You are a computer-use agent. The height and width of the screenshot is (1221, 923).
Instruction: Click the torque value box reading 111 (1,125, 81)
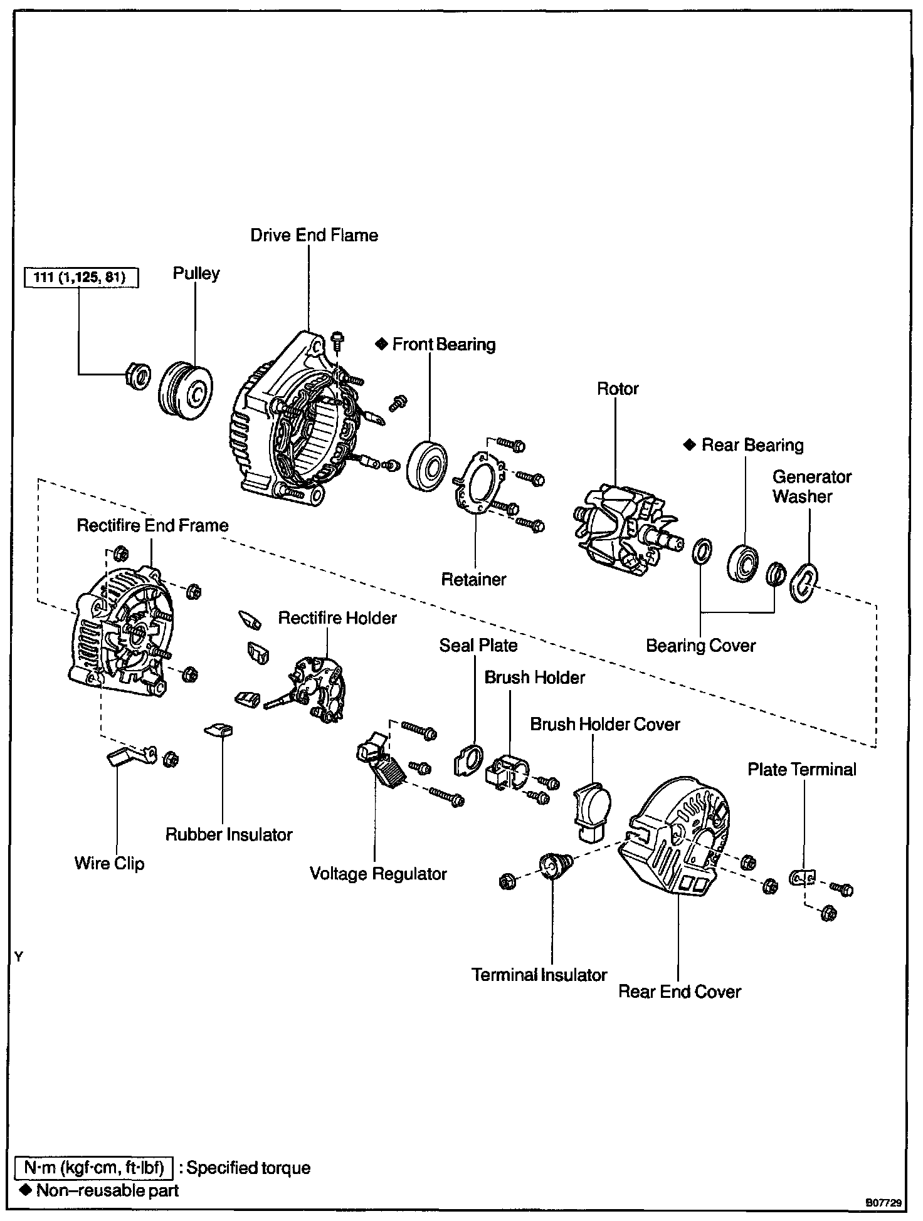(x=80, y=277)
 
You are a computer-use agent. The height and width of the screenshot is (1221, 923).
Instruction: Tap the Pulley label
(x=196, y=274)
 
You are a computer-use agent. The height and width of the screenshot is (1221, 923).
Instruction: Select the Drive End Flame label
(x=314, y=235)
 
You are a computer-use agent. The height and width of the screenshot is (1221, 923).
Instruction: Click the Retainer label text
(x=473, y=579)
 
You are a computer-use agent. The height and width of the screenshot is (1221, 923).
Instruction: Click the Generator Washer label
(x=811, y=486)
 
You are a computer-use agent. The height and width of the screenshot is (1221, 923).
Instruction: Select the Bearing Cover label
(x=701, y=646)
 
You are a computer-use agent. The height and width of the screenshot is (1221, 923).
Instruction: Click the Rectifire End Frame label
(x=152, y=525)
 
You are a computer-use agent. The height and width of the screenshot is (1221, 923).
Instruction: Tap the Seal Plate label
(x=478, y=646)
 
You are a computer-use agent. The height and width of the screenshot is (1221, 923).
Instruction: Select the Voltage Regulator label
(x=378, y=874)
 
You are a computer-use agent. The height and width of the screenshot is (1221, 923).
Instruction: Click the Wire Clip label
(x=109, y=863)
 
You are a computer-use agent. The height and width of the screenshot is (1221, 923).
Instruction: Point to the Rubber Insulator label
(x=229, y=834)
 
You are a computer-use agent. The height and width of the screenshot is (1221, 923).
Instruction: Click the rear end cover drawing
(x=677, y=837)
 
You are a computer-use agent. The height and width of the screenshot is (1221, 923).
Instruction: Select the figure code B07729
(x=883, y=1203)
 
